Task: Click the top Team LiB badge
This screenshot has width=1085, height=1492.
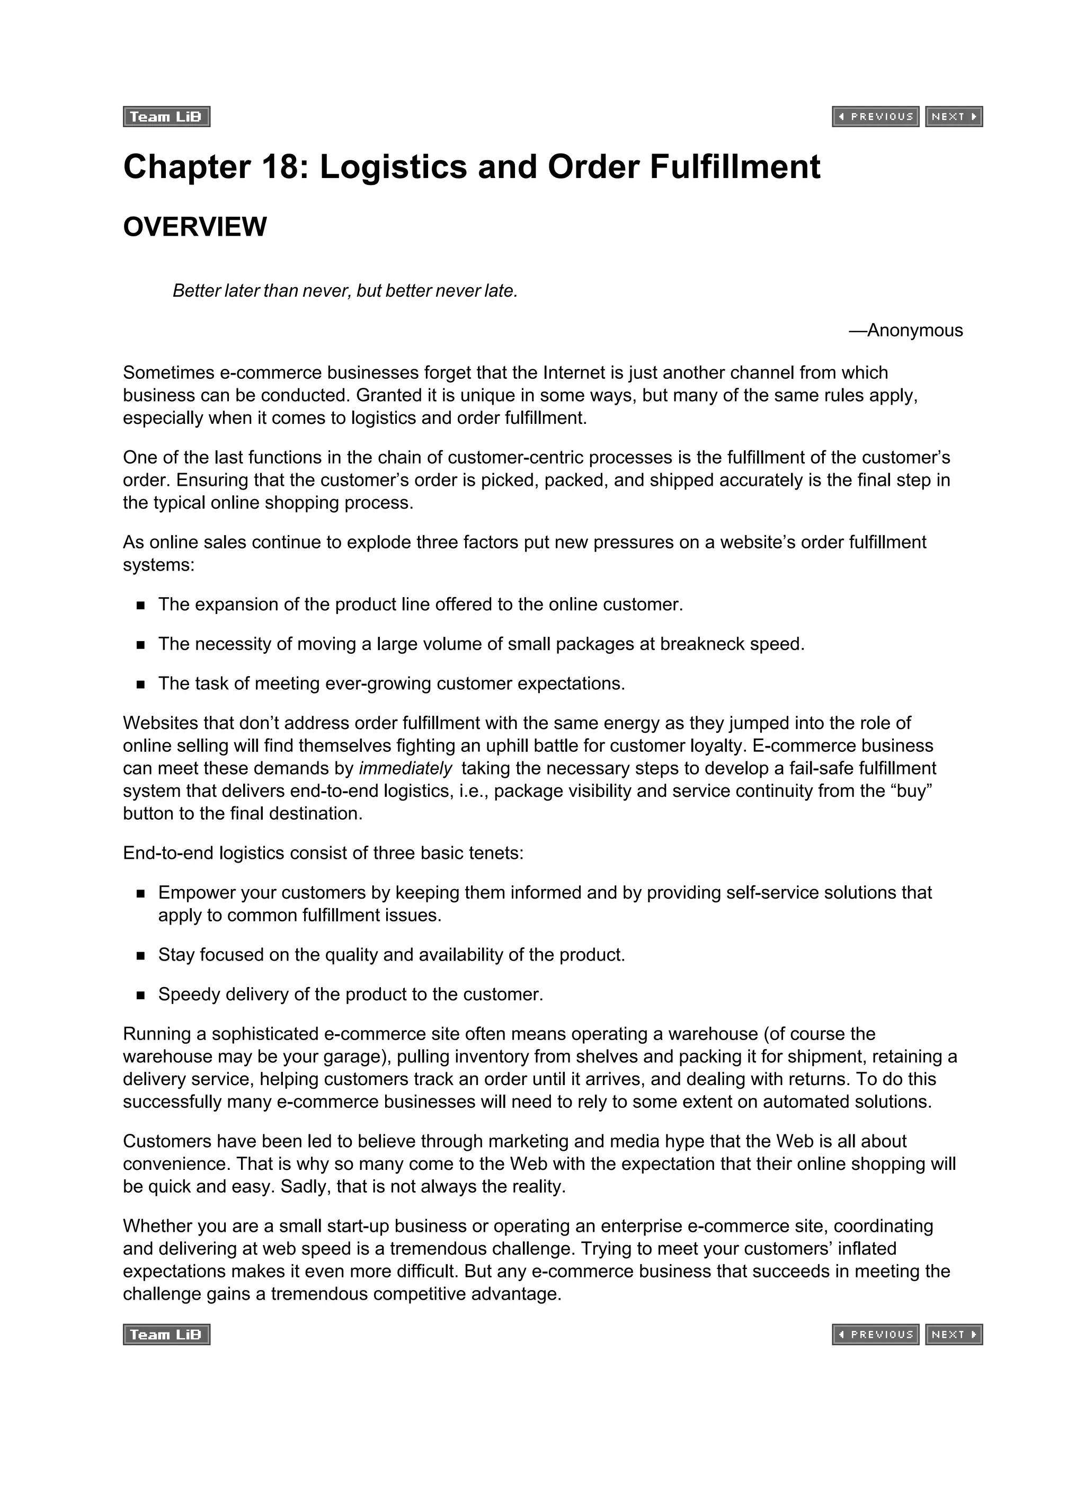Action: click(166, 117)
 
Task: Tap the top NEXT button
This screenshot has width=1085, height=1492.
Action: click(954, 117)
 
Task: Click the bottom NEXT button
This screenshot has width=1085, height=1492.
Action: click(954, 1334)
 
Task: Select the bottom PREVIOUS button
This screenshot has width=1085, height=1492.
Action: click(875, 1334)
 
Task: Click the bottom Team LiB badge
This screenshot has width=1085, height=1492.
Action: click(166, 1334)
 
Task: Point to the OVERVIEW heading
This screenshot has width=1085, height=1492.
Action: click(195, 227)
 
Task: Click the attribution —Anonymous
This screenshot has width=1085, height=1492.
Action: click(905, 330)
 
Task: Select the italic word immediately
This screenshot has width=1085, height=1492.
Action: click(405, 768)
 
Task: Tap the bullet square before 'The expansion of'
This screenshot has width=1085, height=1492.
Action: click(141, 605)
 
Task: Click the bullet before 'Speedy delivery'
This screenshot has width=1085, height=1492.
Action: click(141, 996)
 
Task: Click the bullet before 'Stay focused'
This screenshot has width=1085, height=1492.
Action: click(141, 956)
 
